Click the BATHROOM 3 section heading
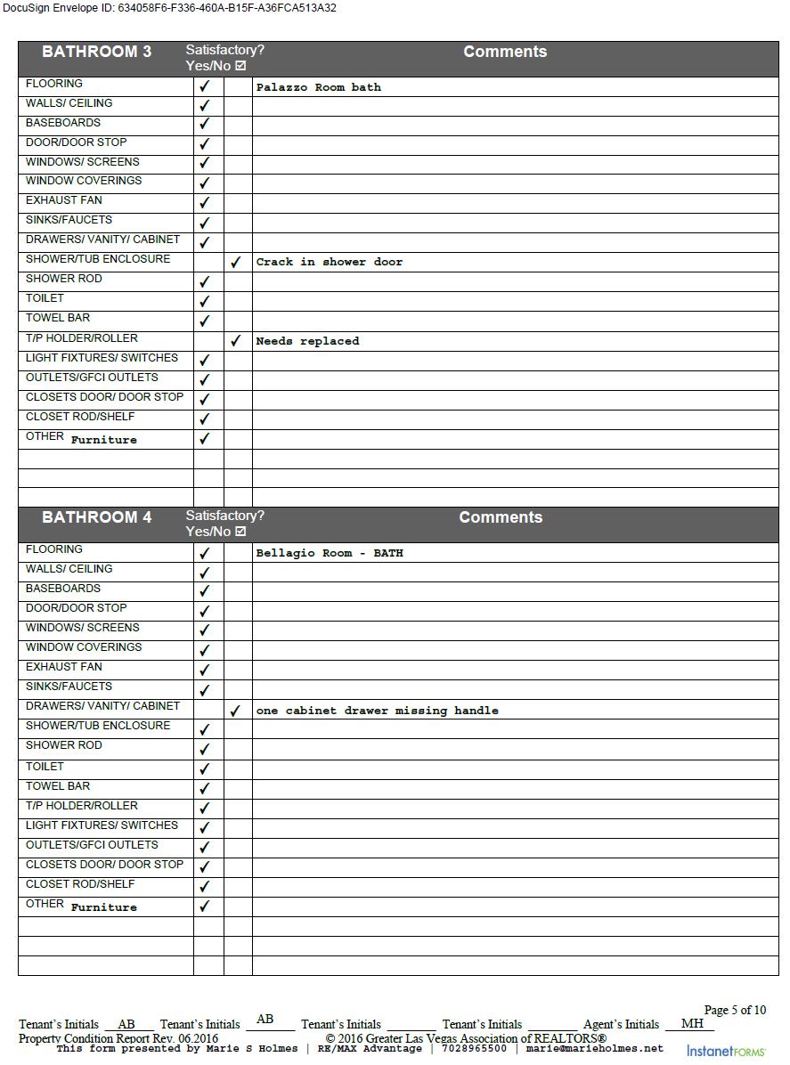coord(96,52)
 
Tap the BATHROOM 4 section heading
coord(96,517)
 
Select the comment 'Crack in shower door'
coord(329,262)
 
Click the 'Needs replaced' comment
coord(307,341)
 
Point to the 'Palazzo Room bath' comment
coord(318,87)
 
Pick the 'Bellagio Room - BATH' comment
coord(329,553)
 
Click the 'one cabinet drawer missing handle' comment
coord(377,711)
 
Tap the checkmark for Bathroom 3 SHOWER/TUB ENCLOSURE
coord(236,263)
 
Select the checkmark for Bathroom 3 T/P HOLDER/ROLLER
coord(236,341)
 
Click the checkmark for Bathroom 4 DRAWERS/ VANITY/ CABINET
coord(236,711)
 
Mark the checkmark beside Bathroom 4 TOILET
coord(205,768)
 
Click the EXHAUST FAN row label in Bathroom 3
coord(63,200)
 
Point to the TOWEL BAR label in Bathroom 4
coord(57,786)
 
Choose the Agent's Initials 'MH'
coord(692,1024)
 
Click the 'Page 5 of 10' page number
coord(735,1010)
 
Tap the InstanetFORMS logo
coord(725,1051)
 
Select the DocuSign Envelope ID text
coord(169,8)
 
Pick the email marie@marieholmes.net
coord(595,1049)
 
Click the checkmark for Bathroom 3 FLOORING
coord(205,86)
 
